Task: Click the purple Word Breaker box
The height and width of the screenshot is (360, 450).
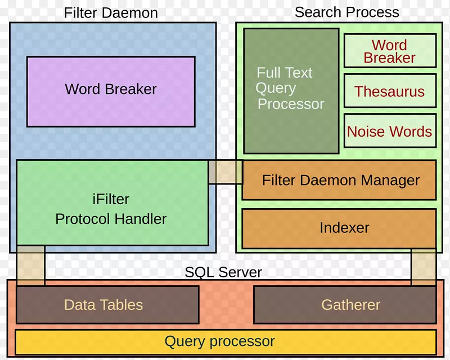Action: pos(111,91)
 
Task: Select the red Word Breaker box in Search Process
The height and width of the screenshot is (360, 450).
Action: pos(389,51)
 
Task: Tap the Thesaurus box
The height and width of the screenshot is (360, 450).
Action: pos(389,91)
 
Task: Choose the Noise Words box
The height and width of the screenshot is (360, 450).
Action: pos(389,131)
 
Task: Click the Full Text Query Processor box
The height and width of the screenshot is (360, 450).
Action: pos(291,91)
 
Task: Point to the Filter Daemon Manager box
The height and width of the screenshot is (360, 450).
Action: pos(339,180)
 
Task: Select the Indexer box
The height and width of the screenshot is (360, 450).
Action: pos(339,228)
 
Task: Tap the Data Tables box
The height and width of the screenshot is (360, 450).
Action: pos(107,305)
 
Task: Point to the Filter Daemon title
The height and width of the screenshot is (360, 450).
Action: pos(111,13)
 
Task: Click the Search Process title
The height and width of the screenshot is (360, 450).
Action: pos(346,12)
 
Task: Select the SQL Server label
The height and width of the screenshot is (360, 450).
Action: pos(223,273)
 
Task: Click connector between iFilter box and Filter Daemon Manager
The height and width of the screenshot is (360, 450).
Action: pos(225,172)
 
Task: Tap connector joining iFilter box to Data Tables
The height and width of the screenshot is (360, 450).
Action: pos(30,265)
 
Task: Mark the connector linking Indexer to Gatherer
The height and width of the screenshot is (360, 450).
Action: pos(423,267)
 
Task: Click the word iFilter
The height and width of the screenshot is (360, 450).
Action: pos(111,199)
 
